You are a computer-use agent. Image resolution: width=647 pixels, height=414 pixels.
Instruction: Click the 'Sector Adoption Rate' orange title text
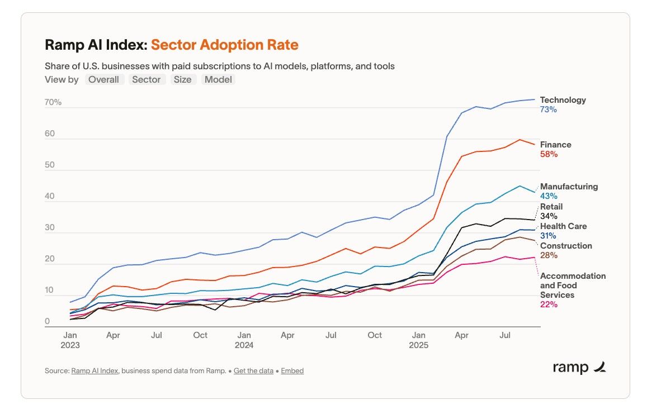tap(225, 45)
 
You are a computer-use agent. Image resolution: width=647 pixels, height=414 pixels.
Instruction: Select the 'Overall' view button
tap(104, 79)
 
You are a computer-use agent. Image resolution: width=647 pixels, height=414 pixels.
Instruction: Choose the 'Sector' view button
tap(147, 79)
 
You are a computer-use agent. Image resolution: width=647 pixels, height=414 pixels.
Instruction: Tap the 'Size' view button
tap(182, 79)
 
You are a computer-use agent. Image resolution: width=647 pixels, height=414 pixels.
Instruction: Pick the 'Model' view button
tap(218, 79)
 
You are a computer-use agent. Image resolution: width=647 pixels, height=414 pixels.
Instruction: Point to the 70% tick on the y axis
tap(53, 103)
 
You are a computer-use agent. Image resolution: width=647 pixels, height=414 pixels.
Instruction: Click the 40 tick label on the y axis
tap(50, 197)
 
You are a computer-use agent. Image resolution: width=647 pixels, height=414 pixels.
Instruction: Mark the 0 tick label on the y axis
tap(48, 322)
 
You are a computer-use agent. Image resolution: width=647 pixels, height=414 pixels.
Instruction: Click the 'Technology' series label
tap(563, 100)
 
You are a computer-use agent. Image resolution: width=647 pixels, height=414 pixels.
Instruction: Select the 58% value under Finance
tap(549, 154)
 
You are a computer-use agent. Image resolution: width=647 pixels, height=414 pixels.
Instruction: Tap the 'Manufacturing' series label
tap(569, 187)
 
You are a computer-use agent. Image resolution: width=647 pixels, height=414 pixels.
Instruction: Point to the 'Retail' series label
tap(551, 207)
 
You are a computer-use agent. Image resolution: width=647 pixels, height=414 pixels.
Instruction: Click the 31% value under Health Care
tap(548, 236)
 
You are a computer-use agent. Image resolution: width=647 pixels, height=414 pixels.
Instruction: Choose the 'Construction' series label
tap(566, 246)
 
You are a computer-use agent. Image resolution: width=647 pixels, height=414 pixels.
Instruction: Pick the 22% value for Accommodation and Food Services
tap(549, 304)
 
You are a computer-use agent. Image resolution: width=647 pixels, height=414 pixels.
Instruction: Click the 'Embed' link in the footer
tap(292, 370)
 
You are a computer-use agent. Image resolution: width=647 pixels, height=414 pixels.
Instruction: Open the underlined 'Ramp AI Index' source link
tap(95, 370)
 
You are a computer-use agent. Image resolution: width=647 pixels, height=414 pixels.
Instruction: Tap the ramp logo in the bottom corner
tap(579, 368)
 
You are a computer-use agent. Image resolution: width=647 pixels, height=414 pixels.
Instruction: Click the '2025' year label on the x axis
tap(418, 345)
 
